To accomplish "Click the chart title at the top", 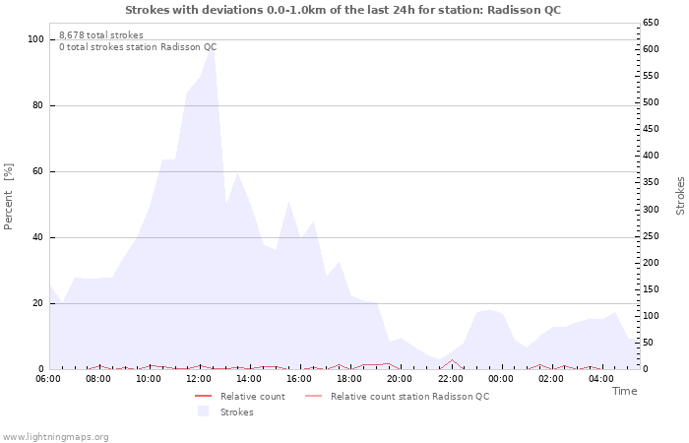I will (x=344, y=10).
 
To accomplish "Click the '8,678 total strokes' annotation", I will (x=100, y=34).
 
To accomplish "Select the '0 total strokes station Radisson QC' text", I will (x=138, y=46).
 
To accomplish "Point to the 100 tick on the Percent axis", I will (x=35, y=39).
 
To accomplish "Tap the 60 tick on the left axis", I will (x=37, y=171).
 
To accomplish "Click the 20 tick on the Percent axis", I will (x=37, y=303).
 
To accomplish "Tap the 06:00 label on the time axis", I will (x=48, y=378).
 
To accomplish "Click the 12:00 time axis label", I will (x=199, y=378).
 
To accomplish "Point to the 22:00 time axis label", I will (x=451, y=378).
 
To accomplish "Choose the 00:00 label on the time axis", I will (x=501, y=378).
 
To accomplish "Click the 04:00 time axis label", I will (x=601, y=378).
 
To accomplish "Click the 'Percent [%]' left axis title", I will (x=9, y=197).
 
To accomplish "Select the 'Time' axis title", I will (x=624, y=391).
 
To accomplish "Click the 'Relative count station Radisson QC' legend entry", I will (x=409, y=397).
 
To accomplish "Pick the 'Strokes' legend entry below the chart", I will (x=236, y=411).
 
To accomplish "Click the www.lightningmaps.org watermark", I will (x=55, y=436).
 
